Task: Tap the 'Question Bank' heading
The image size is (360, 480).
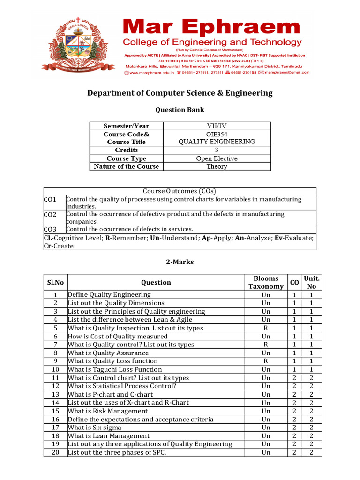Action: tap(180, 110)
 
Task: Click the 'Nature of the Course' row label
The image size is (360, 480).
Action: tap(126, 166)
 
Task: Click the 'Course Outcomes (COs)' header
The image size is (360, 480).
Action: tap(180, 191)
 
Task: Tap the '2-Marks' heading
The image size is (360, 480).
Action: tap(180, 262)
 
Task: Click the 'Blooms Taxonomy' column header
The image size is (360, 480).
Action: tap(266, 282)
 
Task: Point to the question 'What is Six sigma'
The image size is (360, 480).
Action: tap(95, 427)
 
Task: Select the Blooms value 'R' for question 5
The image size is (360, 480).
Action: tap(266, 328)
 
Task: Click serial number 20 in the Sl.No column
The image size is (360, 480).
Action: tap(55, 452)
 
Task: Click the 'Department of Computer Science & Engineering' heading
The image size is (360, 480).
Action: tap(180, 93)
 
